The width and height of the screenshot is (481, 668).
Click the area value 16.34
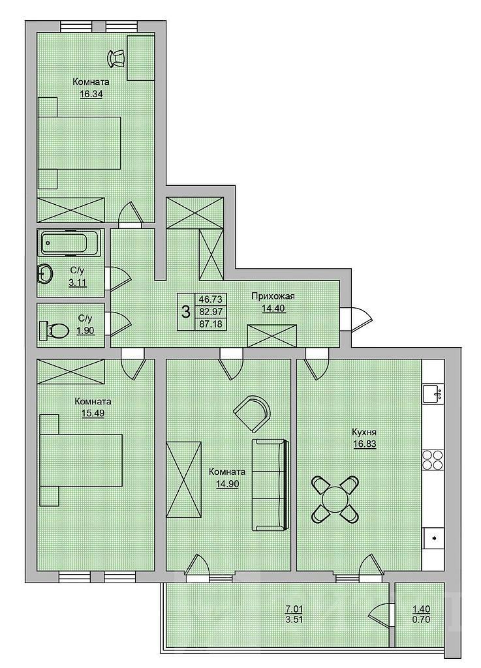[91, 94]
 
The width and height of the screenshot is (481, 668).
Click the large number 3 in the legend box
[186, 311]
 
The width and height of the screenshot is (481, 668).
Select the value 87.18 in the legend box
[210, 324]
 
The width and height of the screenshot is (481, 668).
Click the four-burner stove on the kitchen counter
[433, 461]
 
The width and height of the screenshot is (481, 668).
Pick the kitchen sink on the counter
[433, 393]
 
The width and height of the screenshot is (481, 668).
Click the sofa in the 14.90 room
[270, 485]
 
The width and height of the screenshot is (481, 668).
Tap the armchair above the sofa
[252, 412]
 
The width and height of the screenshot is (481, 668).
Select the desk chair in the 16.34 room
[116, 58]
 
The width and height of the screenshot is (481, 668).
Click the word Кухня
[364, 432]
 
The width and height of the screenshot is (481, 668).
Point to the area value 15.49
[93, 413]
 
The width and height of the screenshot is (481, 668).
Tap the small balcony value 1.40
[422, 609]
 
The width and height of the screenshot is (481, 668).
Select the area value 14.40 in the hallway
[273, 308]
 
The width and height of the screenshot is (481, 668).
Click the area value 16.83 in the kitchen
[364, 444]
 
